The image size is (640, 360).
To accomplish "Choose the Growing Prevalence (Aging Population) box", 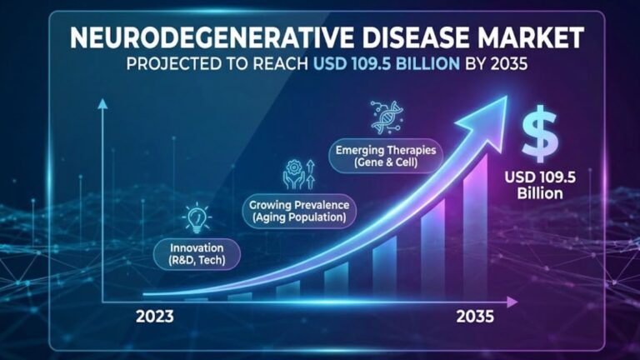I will (x=299, y=211).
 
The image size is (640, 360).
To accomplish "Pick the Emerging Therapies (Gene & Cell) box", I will (x=385, y=156).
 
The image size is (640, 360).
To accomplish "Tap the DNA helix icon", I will (x=387, y=118).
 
